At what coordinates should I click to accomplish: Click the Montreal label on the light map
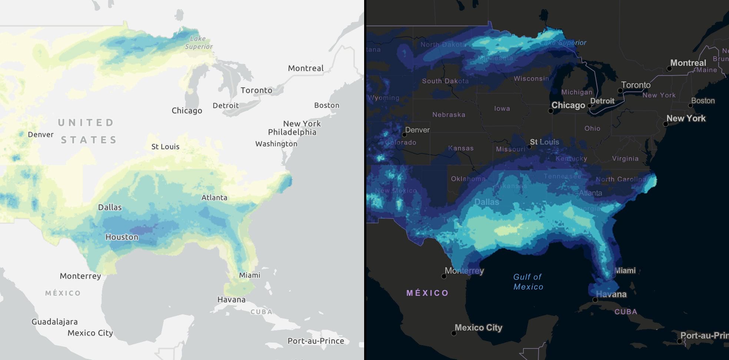pyautogui.click(x=306, y=68)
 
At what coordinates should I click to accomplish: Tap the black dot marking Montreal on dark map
pyautogui.click(x=669, y=69)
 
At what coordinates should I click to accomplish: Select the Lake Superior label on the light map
pyautogui.click(x=199, y=43)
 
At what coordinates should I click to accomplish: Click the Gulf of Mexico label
pyautogui.click(x=528, y=282)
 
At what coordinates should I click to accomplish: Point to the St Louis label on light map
pyautogui.click(x=165, y=147)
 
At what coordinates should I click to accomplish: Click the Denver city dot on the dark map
pyautogui.click(x=405, y=135)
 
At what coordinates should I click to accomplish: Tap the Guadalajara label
pyautogui.click(x=54, y=322)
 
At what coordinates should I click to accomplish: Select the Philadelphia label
pyautogui.click(x=292, y=132)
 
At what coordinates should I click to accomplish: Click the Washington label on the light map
pyautogui.click(x=276, y=144)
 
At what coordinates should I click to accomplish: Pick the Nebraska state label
pyautogui.click(x=449, y=115)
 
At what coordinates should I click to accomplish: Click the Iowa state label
pyautogui.click(x=502, y=109)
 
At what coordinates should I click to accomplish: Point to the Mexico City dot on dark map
pyautogui.click(x=454, y=333)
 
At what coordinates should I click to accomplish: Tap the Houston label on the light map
pyautogui.click(x=122, y=237)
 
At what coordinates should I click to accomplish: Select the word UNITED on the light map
pyautogui.click(x=86, y=123)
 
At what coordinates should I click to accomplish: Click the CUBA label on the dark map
pyautogui.click(x=626, y=312)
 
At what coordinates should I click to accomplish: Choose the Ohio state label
pyautogui.click(x=592, y=129)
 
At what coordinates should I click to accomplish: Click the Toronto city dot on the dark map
pyautogui.click(x=620, y=90)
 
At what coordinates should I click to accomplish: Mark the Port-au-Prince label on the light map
pyautogui.click(x=316, y=341)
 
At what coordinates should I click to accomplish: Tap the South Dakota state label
pyautogui.click(x=445, y=81)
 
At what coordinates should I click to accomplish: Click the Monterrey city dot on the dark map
pyautogui.click(x=444, y=276)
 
